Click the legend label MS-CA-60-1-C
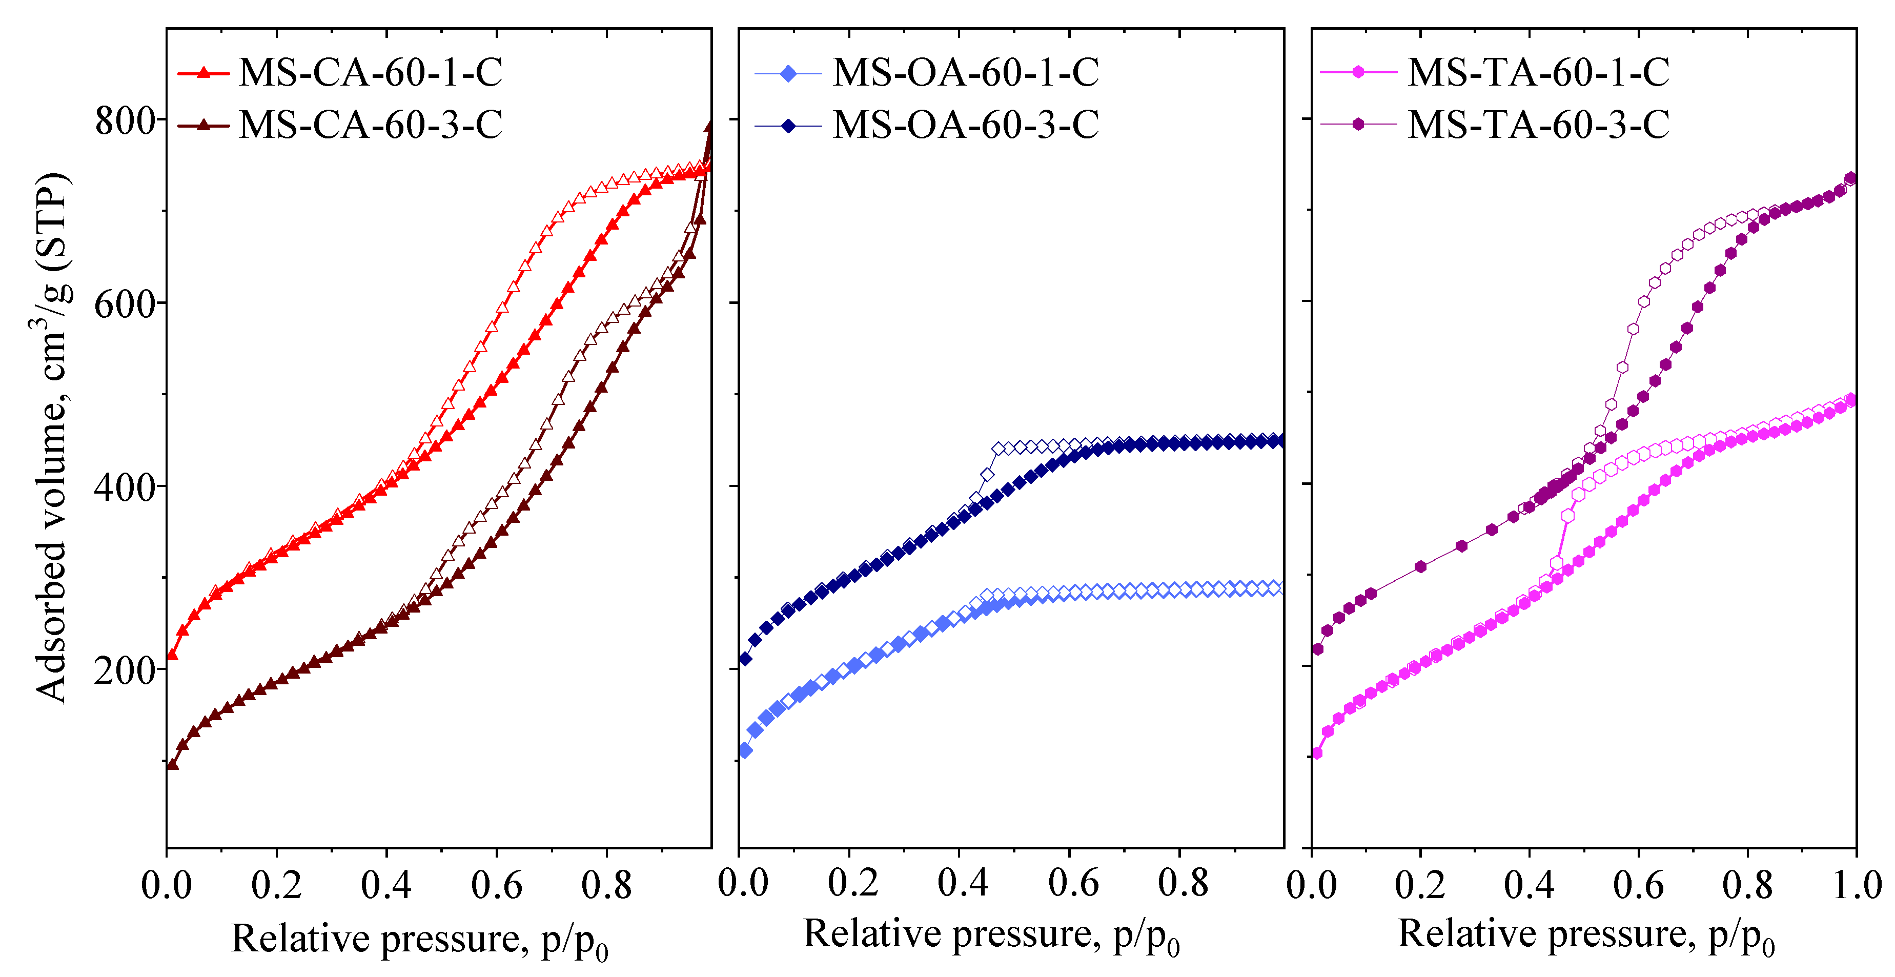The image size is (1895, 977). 370,72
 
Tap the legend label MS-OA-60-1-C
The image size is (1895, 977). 965,72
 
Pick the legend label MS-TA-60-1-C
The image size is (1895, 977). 1538,72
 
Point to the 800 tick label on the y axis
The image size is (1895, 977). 125,120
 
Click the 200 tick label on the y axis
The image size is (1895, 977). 125,669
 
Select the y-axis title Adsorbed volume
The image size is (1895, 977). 53,438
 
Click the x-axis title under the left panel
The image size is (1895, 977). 420,940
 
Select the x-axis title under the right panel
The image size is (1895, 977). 1585,934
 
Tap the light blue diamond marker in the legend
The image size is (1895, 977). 788,74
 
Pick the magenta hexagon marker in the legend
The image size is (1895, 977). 1358,72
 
